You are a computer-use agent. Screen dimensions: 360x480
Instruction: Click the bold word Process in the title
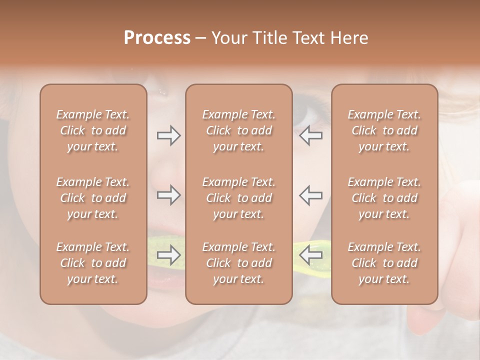point(157,38)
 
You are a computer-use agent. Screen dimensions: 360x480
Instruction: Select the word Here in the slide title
point(349,38)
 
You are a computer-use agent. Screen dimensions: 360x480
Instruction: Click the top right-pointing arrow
point(168,135)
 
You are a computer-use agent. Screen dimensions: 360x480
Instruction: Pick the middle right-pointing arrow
point(168,195)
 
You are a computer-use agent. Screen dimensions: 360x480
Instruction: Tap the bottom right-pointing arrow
point(168,255)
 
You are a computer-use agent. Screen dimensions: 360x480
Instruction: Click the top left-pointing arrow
point(311,135)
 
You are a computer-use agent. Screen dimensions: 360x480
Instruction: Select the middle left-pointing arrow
point(311,195)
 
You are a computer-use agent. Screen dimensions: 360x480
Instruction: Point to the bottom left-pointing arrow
point(311,255)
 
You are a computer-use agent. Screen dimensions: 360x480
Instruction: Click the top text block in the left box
point(93,130)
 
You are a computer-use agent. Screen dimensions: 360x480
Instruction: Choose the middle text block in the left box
point(93,198)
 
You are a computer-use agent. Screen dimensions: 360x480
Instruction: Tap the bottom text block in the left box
point(93,263)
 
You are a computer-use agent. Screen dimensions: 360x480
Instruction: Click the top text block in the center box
point(239,130)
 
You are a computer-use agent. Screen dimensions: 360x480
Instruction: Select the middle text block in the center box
point(239,198)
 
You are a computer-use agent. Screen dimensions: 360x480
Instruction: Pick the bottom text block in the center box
point(239,263)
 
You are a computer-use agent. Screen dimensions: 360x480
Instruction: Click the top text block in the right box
point(384,130)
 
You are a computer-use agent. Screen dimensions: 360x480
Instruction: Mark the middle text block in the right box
point(384,198)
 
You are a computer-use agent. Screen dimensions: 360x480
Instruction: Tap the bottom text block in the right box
point(384,263)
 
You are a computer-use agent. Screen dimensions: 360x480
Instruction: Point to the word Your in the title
point(228,38)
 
